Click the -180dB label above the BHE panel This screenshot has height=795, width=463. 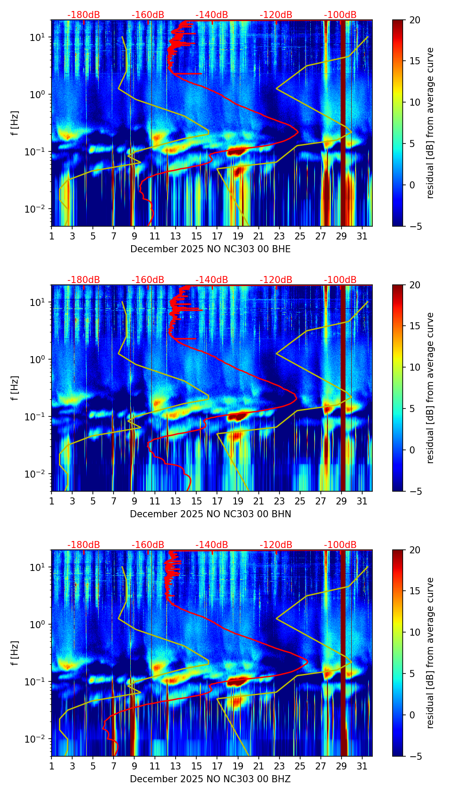(x=84, y=15)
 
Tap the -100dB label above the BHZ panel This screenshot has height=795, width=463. (x=340, y=545)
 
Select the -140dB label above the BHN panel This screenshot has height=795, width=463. (x=212, y=280)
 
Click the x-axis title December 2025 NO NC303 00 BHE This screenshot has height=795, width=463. (x=210, y=249)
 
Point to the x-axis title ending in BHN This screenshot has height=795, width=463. (x=210, y=514)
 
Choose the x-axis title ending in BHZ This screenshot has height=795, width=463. (x=210, y=779)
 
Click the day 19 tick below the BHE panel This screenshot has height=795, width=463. (x=238, y=236)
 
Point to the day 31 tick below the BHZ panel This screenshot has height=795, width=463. (x=362, y=766)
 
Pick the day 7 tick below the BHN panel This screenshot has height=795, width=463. (x=114, y=501)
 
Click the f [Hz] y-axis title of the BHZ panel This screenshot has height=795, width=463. (x=15, y=653)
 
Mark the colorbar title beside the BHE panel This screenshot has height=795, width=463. (x=430, y=123)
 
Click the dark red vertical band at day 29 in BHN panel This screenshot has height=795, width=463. (x=343, y=387)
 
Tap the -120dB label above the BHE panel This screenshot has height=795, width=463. (x=276, y=15)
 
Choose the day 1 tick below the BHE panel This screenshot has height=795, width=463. (x=52, y=236)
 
